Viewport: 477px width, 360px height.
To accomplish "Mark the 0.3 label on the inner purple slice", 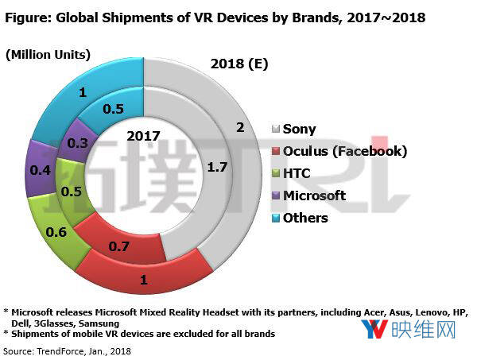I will pyautogui.click(x=79, y=144).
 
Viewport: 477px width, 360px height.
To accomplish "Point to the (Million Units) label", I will pyautogui.click(x=48, y=54).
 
